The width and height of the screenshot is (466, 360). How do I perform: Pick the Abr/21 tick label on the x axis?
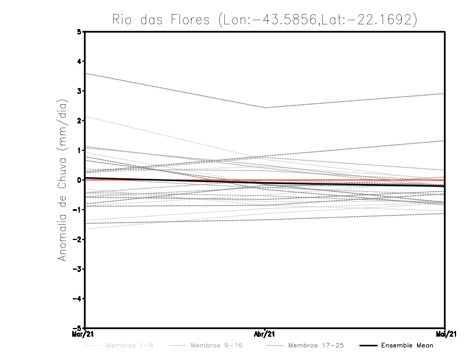(265, 334)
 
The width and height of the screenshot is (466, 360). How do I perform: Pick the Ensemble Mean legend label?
(407, 345)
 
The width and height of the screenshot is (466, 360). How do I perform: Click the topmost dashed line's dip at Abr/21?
(265, 108)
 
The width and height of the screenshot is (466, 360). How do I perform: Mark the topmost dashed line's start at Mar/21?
(85, 73)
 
